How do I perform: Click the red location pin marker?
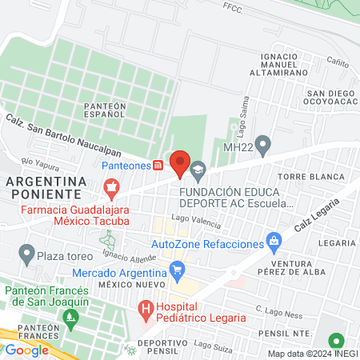180,162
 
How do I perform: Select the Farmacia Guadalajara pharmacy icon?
112,187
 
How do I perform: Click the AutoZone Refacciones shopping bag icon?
274,240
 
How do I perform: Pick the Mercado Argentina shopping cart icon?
178,273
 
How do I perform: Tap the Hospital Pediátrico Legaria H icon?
146,308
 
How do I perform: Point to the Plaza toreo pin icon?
26,257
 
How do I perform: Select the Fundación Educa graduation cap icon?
198,169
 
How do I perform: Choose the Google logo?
27,350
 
